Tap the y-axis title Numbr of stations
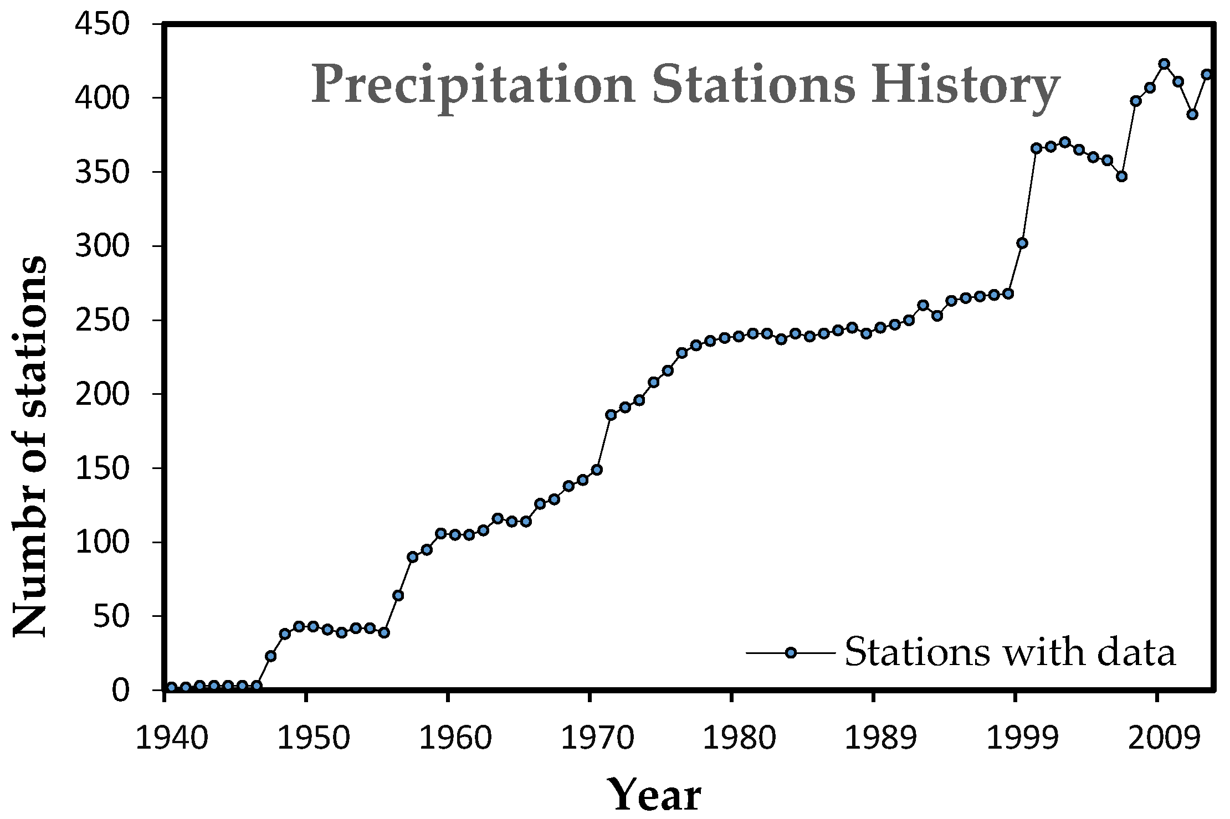click(30, 447)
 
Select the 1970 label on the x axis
click(591, 739)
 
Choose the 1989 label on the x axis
click(874, 739)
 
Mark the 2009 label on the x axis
click(1157, 739)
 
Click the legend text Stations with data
click(1009, 652)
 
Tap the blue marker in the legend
click(791, 652)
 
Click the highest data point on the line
click(1164, 64)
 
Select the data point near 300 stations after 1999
click(1022, 243)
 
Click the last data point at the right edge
click(1207, 74)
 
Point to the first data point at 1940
click(171, 687)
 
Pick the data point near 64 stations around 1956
click(398, 595)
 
